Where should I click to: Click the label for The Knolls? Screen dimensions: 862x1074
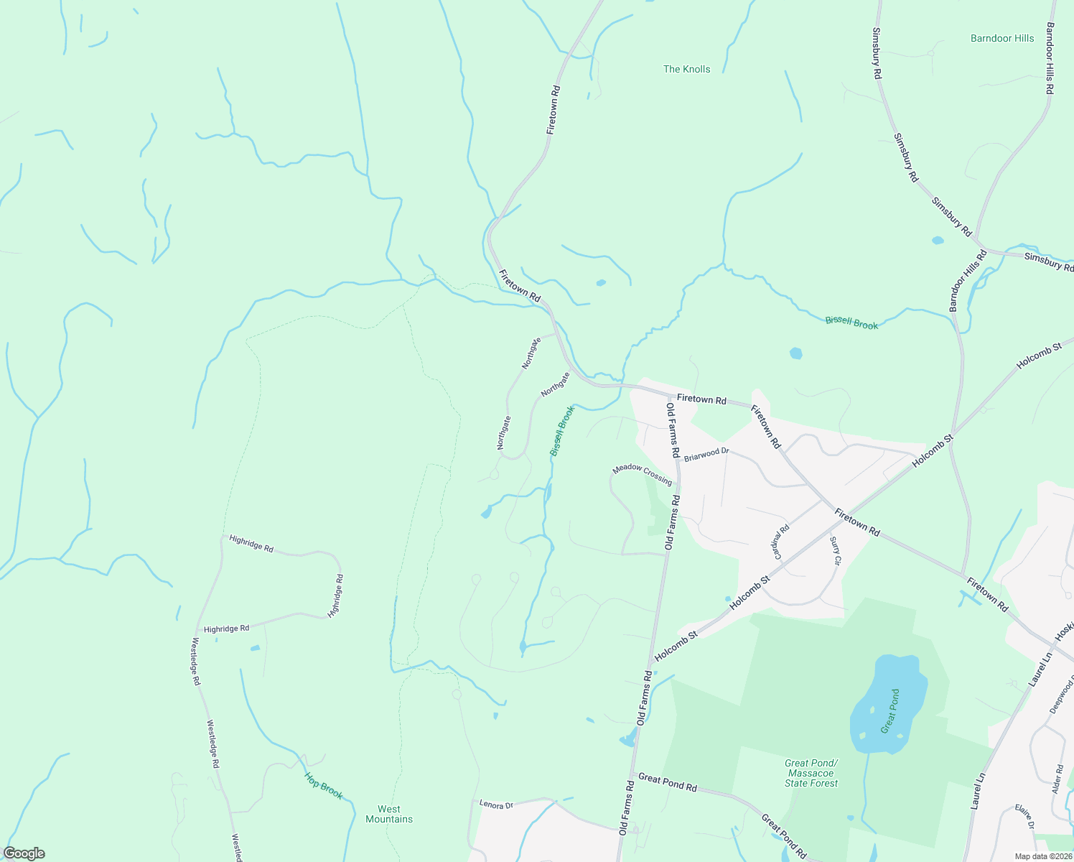[686, 69]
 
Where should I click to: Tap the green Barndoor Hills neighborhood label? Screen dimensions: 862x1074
[1001, 38]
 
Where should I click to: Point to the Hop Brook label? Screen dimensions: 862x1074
[323, 785]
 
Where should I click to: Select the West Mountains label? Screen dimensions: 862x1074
[389, 814]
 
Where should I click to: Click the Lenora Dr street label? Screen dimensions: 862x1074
[496, 805]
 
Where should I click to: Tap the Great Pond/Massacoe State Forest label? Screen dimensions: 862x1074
[811, 773]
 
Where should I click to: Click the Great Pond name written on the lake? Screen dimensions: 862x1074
[890, 711]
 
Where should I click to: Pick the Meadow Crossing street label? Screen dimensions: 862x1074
[642, 475]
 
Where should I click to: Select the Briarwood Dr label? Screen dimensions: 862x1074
[706, 455]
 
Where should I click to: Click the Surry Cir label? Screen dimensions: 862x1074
[834, 551]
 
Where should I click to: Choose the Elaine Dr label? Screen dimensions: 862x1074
[1025, 817]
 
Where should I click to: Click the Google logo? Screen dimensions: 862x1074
[24, 853]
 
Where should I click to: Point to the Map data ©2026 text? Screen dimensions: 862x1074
[1042, 856]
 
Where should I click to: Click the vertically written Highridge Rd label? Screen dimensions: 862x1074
[335, 595]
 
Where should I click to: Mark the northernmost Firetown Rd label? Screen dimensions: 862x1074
[553, 110]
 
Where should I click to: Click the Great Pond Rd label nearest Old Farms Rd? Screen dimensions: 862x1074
[668, 782]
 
